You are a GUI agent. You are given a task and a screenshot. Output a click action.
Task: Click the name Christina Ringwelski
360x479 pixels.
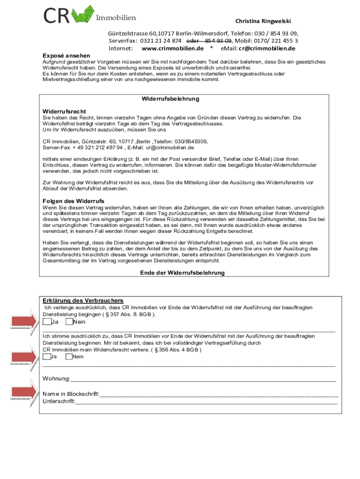point(263,22)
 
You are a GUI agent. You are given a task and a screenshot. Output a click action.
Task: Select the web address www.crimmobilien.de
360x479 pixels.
point(173,48)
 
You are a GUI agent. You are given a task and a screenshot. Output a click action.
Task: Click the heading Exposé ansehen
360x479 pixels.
point(64,56)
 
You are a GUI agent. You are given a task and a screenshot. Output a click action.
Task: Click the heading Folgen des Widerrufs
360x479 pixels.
point(73,201)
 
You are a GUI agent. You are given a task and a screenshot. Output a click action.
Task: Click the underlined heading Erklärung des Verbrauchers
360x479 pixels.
point(83,300)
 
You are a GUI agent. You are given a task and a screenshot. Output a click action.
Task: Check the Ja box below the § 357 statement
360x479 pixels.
point(47,322)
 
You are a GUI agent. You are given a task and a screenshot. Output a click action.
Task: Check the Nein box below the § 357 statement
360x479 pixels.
point(69,322)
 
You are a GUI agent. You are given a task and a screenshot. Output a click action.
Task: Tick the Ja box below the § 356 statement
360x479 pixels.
point(47,356)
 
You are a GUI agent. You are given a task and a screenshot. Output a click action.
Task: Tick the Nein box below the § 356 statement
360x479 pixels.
point(69,356)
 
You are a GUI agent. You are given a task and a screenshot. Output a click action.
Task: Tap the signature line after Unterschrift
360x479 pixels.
point(206,402)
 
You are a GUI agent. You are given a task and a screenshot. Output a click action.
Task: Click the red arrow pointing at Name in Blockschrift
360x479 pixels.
point(23,392)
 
